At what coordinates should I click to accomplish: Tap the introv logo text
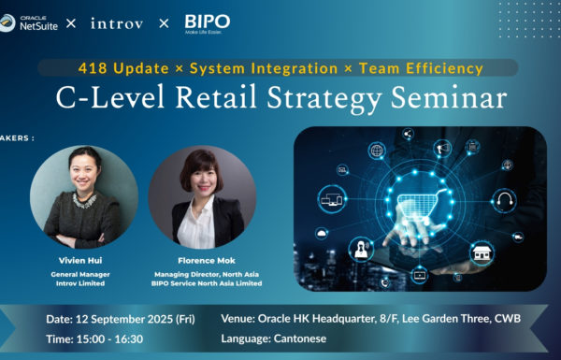coord(117,23)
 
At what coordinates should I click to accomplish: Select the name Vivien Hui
coord(82,258)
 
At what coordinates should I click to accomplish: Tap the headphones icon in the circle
coord(506,200)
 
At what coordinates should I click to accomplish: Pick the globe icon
coord(377,151)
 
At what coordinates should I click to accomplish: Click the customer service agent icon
coord(359,248)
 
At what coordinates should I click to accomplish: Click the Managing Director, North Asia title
coord(203,274)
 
